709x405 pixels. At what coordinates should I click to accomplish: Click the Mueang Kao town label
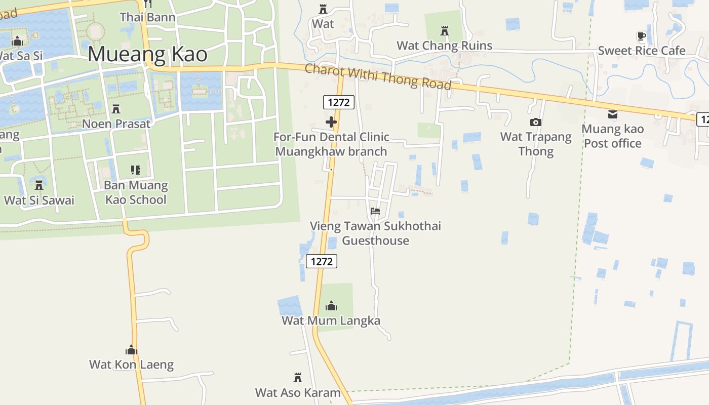[x=147, y=54]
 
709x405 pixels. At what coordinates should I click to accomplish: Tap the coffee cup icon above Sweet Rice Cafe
[x=641, y=36]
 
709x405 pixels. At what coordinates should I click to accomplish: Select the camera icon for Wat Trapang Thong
[x=535, y=122]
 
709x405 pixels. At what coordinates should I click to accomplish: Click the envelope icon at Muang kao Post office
[x=613, y=114]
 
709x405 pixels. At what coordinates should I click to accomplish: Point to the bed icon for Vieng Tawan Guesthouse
[x=375, y=211]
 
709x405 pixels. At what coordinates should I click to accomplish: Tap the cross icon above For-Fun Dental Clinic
[x=331, y=122]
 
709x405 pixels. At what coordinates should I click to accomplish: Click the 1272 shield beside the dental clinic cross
[x=338, y=102]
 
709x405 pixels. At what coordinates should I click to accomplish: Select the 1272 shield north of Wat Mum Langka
[x=322, y=261]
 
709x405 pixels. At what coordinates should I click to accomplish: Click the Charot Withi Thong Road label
[x=378, y=76]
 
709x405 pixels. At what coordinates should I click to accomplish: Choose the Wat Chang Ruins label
[x=444, y=46]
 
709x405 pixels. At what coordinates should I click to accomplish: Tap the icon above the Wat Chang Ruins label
[x=445, y=31]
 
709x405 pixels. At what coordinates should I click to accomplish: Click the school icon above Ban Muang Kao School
[x=135, y=170]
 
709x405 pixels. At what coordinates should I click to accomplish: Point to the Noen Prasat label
[x=116, y=124]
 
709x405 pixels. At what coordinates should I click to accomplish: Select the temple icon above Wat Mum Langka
[x=331, y=306]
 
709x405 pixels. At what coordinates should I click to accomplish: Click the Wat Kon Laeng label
[x=131, y=364]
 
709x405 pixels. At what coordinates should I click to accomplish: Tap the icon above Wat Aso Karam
[x=298, y=378]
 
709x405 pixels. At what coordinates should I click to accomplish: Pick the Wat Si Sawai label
[x=39, y=200]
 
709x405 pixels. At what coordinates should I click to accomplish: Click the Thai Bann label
[x=147, y=17]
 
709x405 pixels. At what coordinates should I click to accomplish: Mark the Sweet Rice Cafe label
[x=641, y=51]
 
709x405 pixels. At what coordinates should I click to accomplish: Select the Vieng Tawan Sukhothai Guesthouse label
[x=375, y=233]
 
